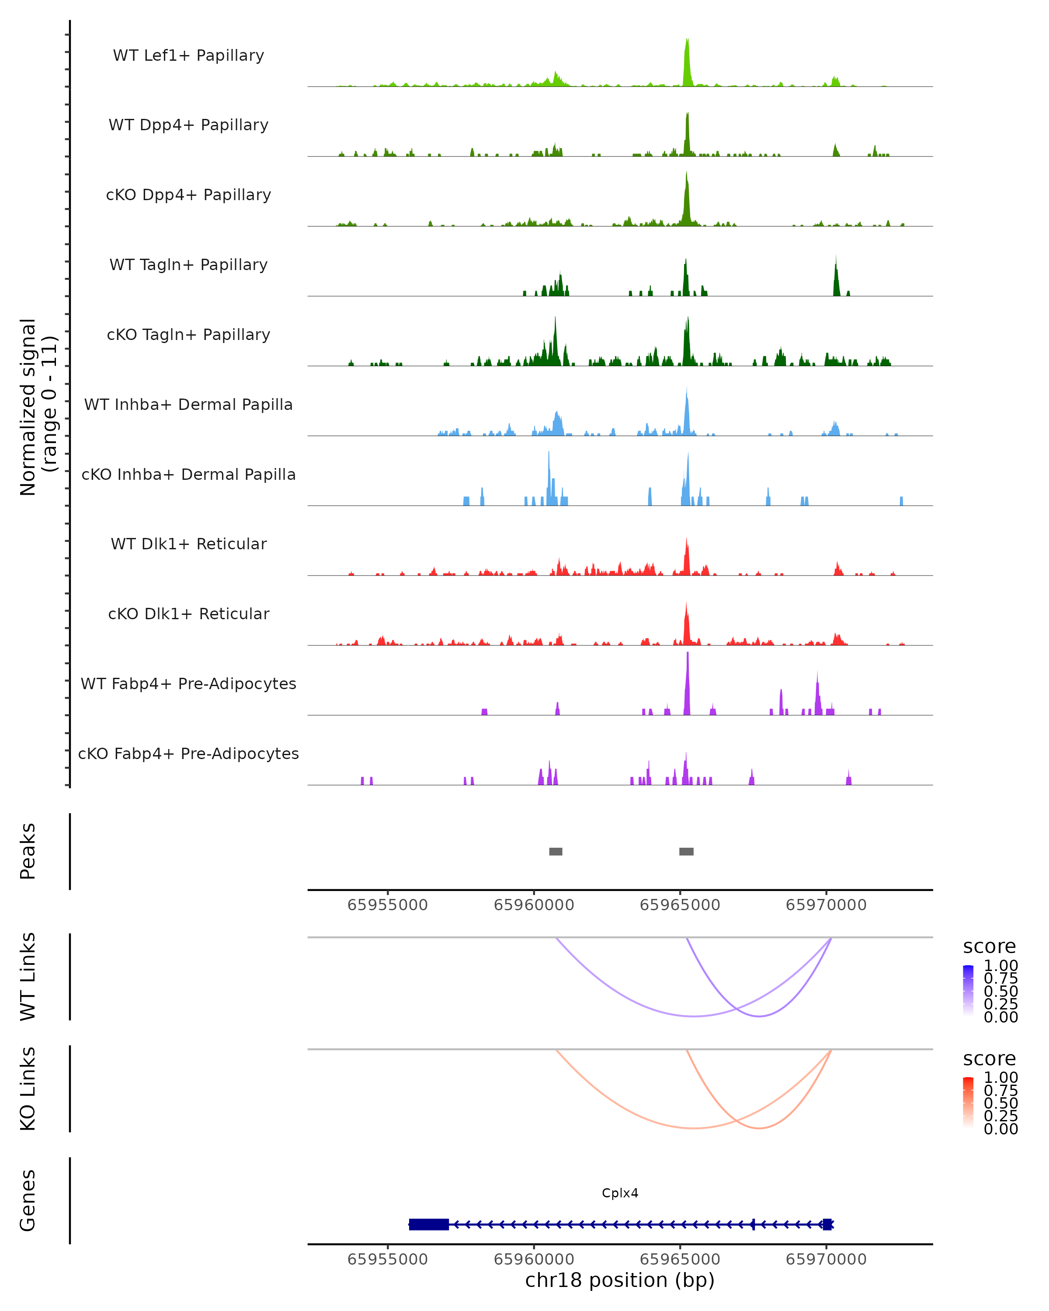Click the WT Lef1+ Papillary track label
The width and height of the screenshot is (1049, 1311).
(188, 55)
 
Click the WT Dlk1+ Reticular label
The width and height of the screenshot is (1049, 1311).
(188, 544)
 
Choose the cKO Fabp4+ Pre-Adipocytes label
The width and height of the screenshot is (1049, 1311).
(188, 753)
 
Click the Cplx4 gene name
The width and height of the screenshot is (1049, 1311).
(620, 1193)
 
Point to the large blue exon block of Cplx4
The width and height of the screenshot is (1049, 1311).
(429, 1224)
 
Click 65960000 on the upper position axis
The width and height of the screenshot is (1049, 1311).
(534, 905)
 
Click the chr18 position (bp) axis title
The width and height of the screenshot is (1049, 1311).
(620, 1280)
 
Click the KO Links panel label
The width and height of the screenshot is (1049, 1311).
(28, 1089)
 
